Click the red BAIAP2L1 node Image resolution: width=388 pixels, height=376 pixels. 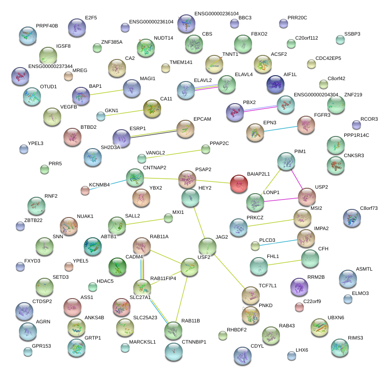[x=239, y=184]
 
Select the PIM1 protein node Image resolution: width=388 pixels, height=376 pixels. [x=286, y=161]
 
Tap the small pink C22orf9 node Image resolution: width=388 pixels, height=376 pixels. [x=299, y=307]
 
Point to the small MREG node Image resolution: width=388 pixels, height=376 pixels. [x=68, y=76]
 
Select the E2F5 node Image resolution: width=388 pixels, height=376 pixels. [x=77, y=28]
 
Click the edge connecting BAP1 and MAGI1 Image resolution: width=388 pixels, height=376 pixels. [x=107, y=92]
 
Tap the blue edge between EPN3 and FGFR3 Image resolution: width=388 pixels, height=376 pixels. [x=280, y=128]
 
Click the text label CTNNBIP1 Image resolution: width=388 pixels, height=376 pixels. [x=194, y=342]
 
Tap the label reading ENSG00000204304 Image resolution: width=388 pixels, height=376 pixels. [x=316, y=95]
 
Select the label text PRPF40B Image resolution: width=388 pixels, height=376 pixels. [x=47, y=26]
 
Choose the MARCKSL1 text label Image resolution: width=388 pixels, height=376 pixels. [x=142, y=342]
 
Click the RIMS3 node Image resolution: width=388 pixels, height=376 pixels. [x=340, y=347]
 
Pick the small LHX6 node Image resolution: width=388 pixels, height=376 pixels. [x=292, y=356]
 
